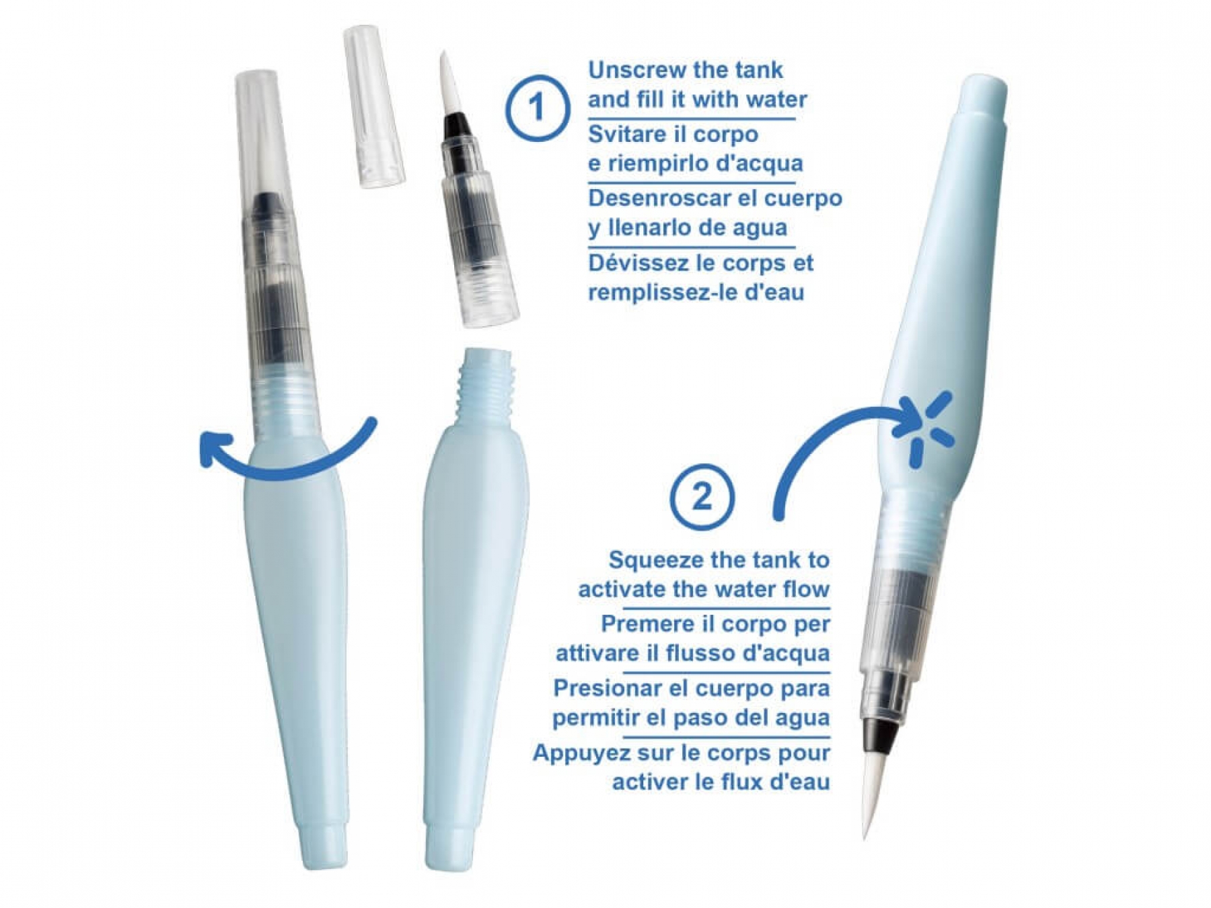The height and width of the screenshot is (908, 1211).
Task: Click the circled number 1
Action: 537,108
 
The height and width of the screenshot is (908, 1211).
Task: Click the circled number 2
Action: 702,496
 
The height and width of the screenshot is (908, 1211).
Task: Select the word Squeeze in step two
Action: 651,560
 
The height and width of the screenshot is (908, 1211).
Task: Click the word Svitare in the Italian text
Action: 628,134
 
